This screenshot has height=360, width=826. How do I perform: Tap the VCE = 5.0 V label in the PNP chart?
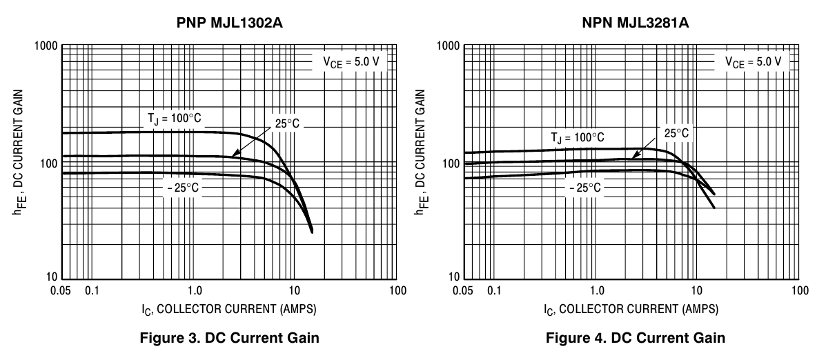click(351, 62)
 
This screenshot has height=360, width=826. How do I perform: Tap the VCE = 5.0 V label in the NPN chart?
click(753, 61)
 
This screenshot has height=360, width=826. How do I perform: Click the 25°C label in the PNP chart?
click(285, 123)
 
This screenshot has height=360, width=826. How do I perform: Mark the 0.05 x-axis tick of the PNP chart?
click(61, 290)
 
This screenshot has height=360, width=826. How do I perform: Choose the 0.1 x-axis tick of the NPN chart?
click(494, 290)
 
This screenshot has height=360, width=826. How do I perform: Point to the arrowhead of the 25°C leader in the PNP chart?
click(234, 154)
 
